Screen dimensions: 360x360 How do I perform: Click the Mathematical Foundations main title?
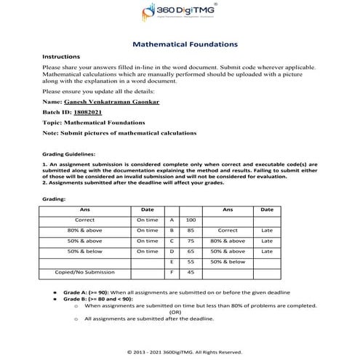point(185,44)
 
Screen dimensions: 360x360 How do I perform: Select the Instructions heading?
point(62,56)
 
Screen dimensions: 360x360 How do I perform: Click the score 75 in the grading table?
point(191,240)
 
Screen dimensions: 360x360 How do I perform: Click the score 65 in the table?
point(191,250)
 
